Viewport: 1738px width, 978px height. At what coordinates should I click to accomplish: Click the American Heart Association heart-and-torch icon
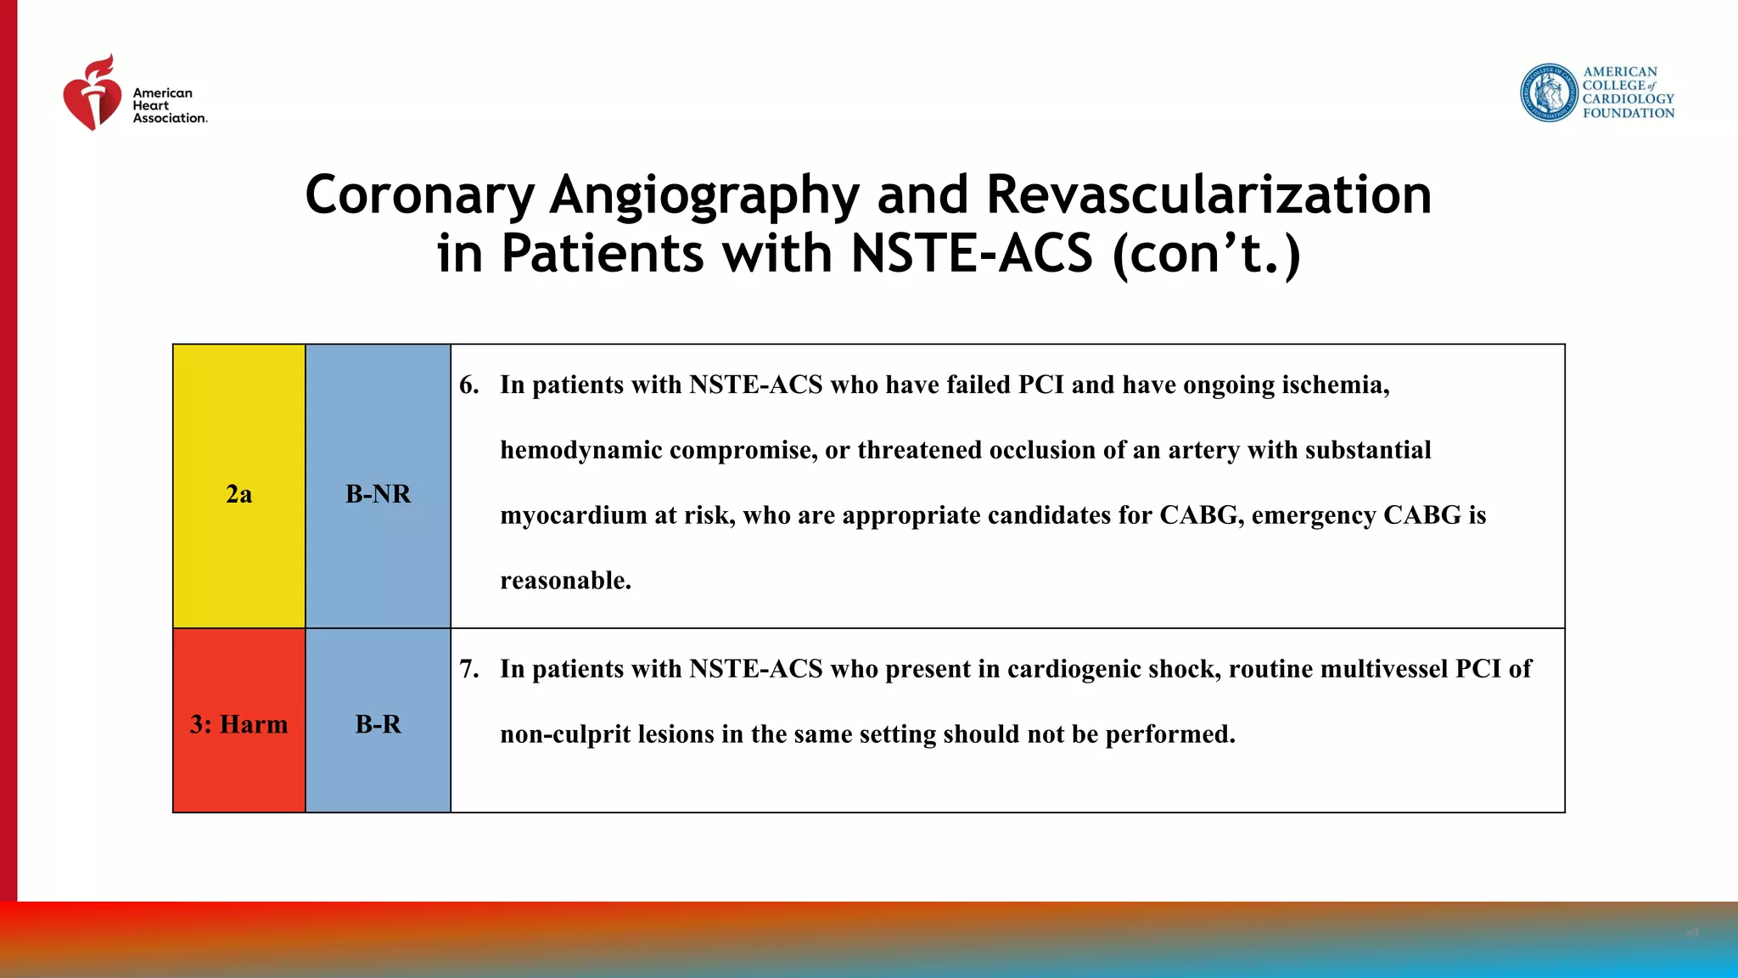[93, 94]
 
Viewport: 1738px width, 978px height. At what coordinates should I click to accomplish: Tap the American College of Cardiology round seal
[1549, 93]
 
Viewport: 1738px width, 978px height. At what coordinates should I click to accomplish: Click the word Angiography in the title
[704, 194]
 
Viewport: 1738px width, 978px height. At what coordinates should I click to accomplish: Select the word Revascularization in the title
[1208, 194]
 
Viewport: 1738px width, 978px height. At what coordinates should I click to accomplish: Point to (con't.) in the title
[1206, 254]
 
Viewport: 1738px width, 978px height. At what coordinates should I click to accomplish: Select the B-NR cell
[378, 494]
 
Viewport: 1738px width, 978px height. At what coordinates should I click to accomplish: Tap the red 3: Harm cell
[239, 724]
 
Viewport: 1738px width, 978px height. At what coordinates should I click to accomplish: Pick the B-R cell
[378, 724]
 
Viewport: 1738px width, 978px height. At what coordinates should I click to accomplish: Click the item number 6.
[468, 385]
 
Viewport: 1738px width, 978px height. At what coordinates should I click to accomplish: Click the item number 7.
[468, 669]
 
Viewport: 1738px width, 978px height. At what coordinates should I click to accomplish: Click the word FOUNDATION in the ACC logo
[1628, 113]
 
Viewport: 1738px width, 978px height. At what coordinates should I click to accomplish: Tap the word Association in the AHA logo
[170, 119]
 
